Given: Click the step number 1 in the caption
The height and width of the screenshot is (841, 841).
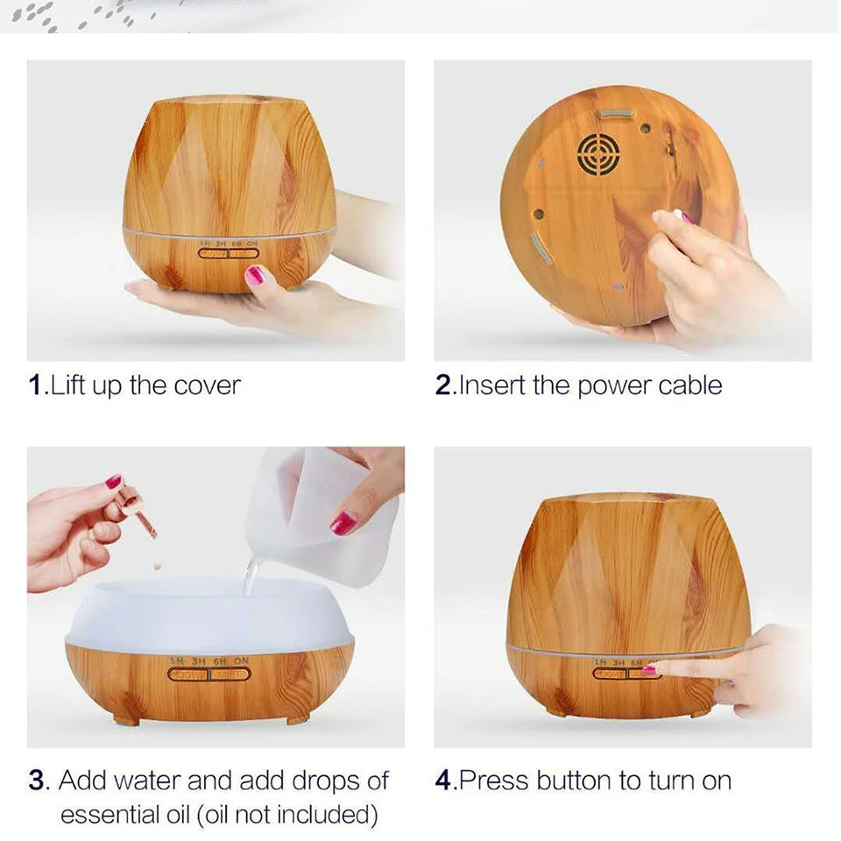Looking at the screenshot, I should click(35, 385).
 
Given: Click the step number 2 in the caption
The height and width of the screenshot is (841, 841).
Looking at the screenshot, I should click(443, 385).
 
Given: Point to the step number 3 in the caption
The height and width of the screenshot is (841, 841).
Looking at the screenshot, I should click(36, 781).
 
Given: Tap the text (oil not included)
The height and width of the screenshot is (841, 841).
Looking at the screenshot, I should click(288, 815).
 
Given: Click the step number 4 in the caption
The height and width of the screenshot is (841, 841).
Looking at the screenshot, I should click(443, 781).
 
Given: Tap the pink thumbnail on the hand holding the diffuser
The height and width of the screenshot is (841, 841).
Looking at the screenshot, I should click(254, 276).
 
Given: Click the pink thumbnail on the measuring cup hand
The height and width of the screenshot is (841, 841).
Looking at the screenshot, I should click(343, 523).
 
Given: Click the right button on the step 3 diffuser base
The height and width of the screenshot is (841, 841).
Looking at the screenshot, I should click(231, 675).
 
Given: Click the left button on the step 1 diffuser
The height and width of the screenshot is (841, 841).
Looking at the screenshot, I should click(214, 253).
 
